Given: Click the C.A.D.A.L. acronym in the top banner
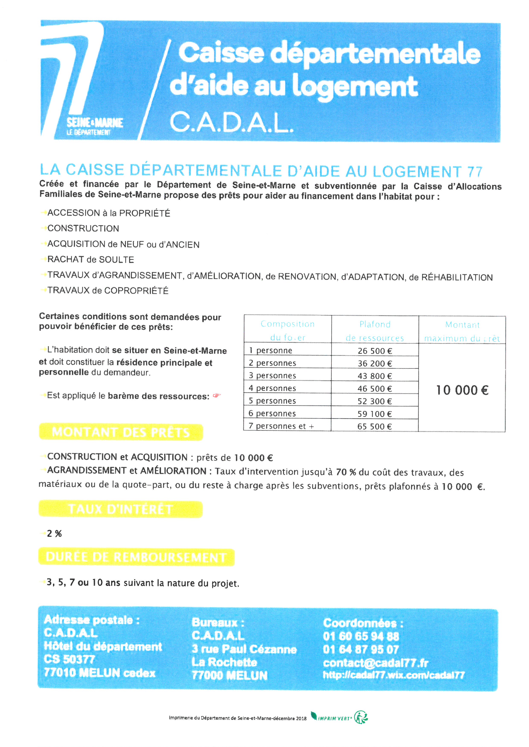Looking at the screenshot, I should [x=231, y=122].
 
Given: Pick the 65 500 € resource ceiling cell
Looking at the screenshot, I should [x=374, y=426].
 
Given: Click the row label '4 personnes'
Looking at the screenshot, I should [x=272, y=388].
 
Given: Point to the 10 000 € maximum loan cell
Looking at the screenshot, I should [x=462, y=390].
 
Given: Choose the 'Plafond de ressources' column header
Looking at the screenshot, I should [x=375, y=331].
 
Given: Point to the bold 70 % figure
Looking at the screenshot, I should [x=346, y=472].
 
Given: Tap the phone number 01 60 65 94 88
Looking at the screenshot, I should [x=361, y=636].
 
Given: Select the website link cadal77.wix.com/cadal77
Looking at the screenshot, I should [x=394, y=675].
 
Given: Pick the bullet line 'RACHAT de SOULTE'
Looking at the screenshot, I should [x=91, y=260].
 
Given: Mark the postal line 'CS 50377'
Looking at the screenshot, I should [x=69, y=659].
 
